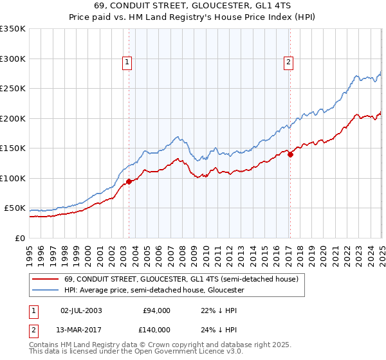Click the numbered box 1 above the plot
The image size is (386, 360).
pyautogui.click(x=127, y=62)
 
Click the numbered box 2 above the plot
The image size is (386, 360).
pyautogui.click(x=288, y=62)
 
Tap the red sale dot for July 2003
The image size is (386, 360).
pyautogui.click(x=129, y=182)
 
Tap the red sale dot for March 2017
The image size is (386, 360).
pyautogui.click(x=290, y=154)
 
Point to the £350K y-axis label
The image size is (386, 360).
pyautogui.click(x=13, y=29)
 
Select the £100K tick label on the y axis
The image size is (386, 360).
pyautogui.click(x=13, y=178)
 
